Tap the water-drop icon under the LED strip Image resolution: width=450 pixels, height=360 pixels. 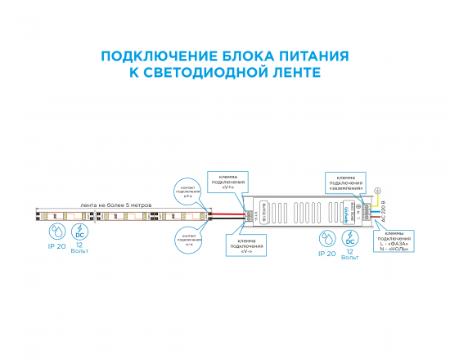pos(56,229)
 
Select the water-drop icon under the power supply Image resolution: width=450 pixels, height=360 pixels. pos(326,239)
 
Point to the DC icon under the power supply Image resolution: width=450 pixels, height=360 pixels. pos(350,239)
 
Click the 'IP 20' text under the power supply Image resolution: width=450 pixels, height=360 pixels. pos(326,254)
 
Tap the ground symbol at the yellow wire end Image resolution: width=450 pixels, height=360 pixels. pos(377,191)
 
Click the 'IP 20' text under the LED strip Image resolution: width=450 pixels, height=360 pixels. pos(56,245)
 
